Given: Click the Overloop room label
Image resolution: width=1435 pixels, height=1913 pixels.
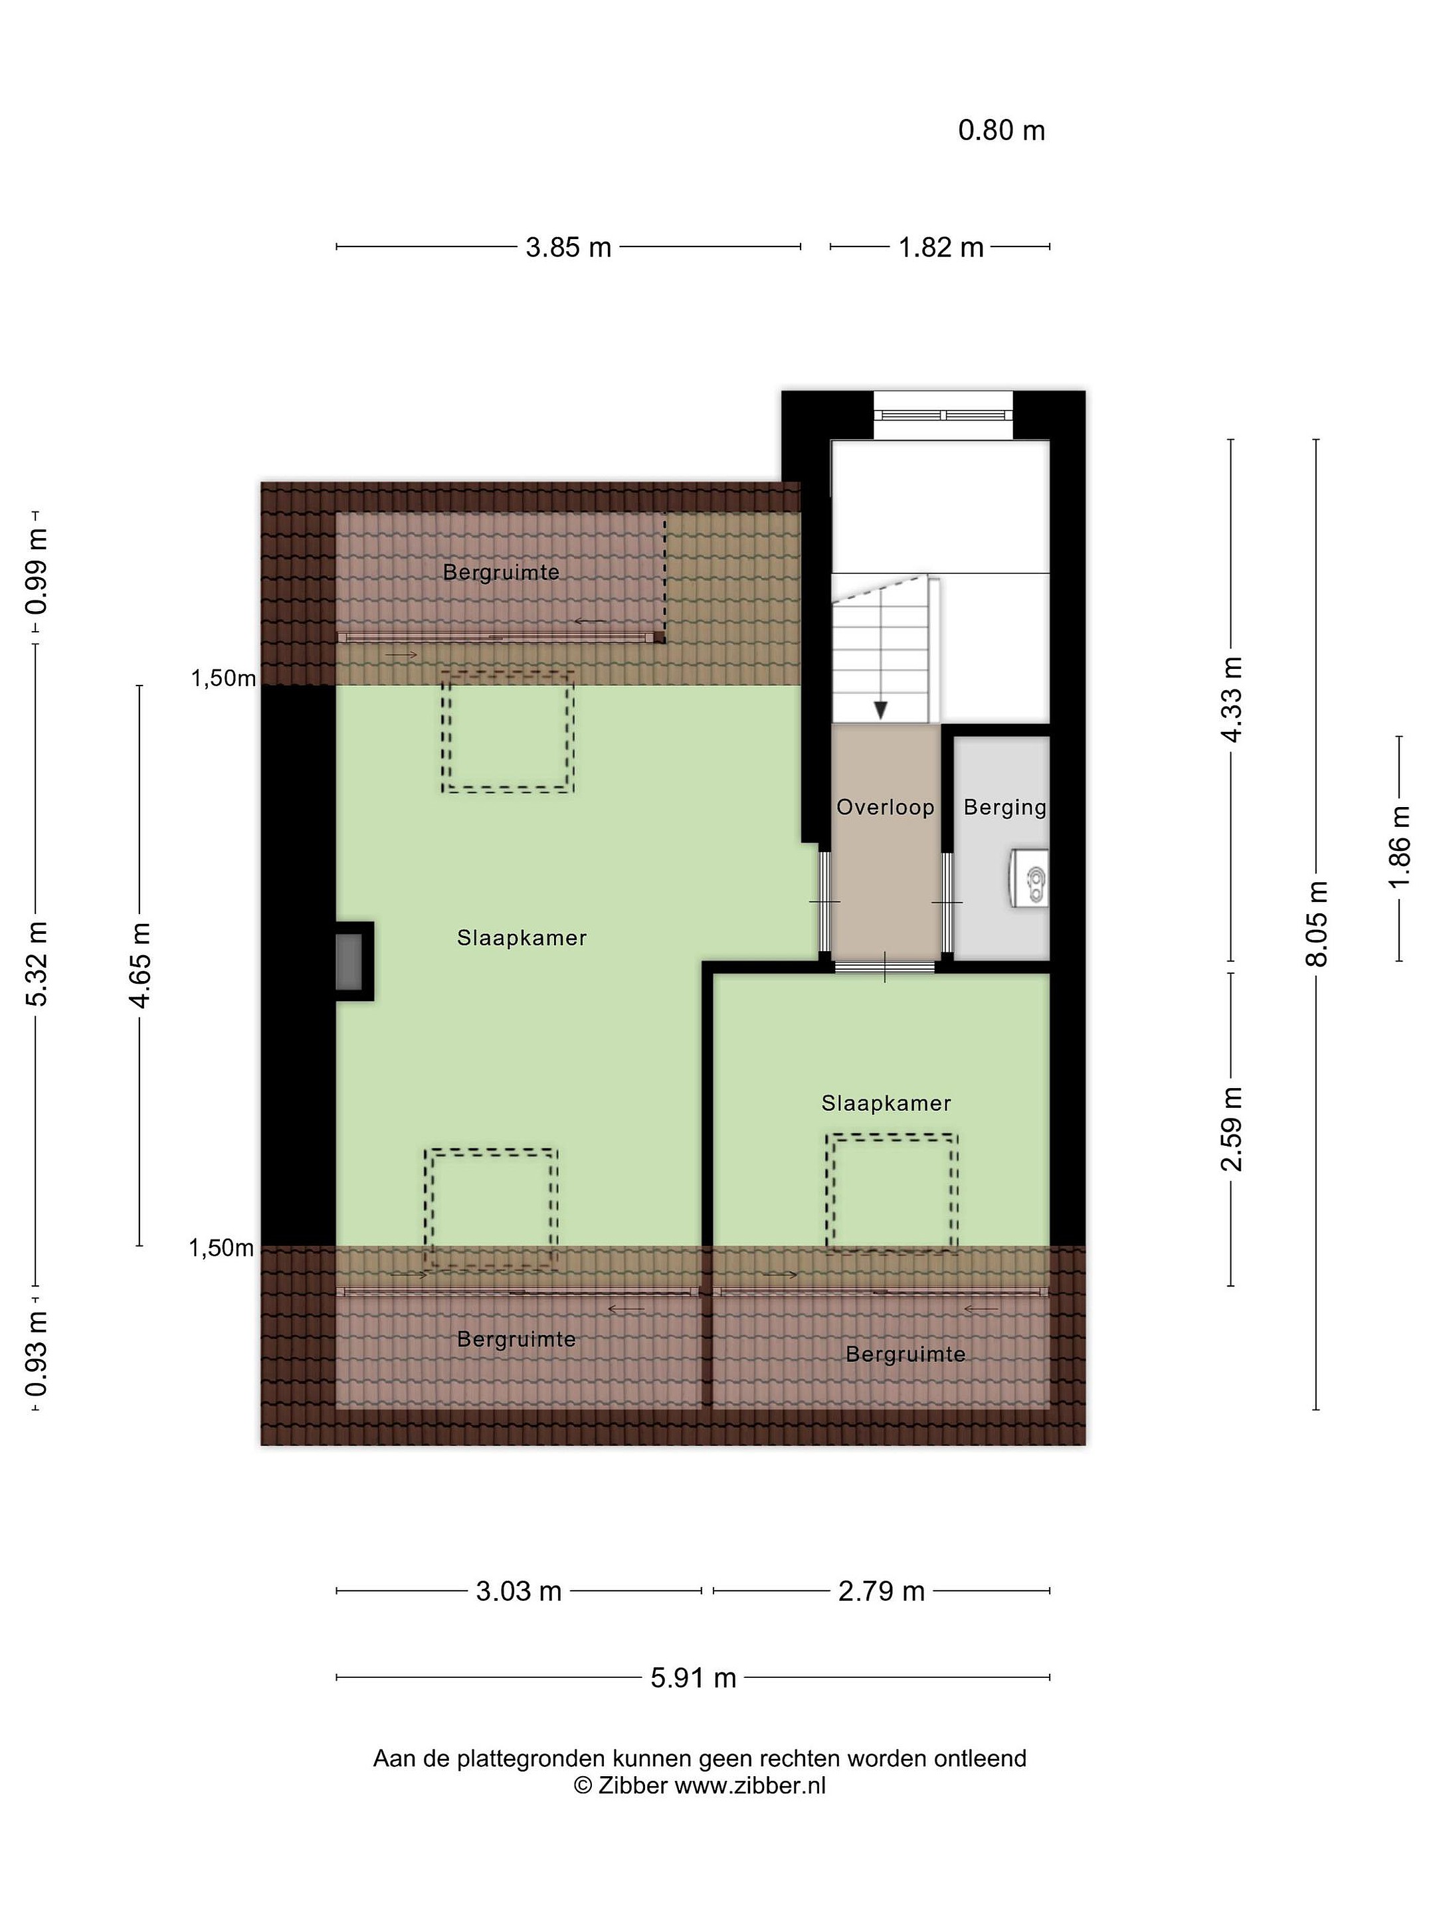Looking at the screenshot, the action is [x=885, y=808].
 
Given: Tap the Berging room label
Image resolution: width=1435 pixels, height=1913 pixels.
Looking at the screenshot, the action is [x=1004, y=808].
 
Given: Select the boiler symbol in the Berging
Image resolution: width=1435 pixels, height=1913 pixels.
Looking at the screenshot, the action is [x=1029, y=879].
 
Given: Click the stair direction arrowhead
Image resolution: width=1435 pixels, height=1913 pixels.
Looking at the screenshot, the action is [x=880, y=710].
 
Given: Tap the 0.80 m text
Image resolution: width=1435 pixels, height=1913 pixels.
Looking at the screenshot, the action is [x=1002, y=131].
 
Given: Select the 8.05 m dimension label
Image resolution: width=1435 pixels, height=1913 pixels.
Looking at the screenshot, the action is [x=1317, y=924].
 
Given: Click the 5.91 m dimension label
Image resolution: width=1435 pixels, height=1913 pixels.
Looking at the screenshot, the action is [x=693, y=1679].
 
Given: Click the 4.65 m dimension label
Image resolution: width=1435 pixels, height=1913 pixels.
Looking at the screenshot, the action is [x=140, y=965].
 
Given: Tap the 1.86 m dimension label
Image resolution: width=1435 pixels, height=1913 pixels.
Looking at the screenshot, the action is [x=1400, y=847].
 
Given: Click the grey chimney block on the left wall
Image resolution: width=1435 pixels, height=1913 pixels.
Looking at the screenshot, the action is [x=349, y=962].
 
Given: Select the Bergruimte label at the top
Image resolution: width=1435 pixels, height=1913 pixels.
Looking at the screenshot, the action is [x=501, y=573].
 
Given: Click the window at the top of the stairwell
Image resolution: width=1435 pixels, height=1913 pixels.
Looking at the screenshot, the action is [x=942, y=415].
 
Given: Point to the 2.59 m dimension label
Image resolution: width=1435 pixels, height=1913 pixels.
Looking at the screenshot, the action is [x=1231, y=1129].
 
